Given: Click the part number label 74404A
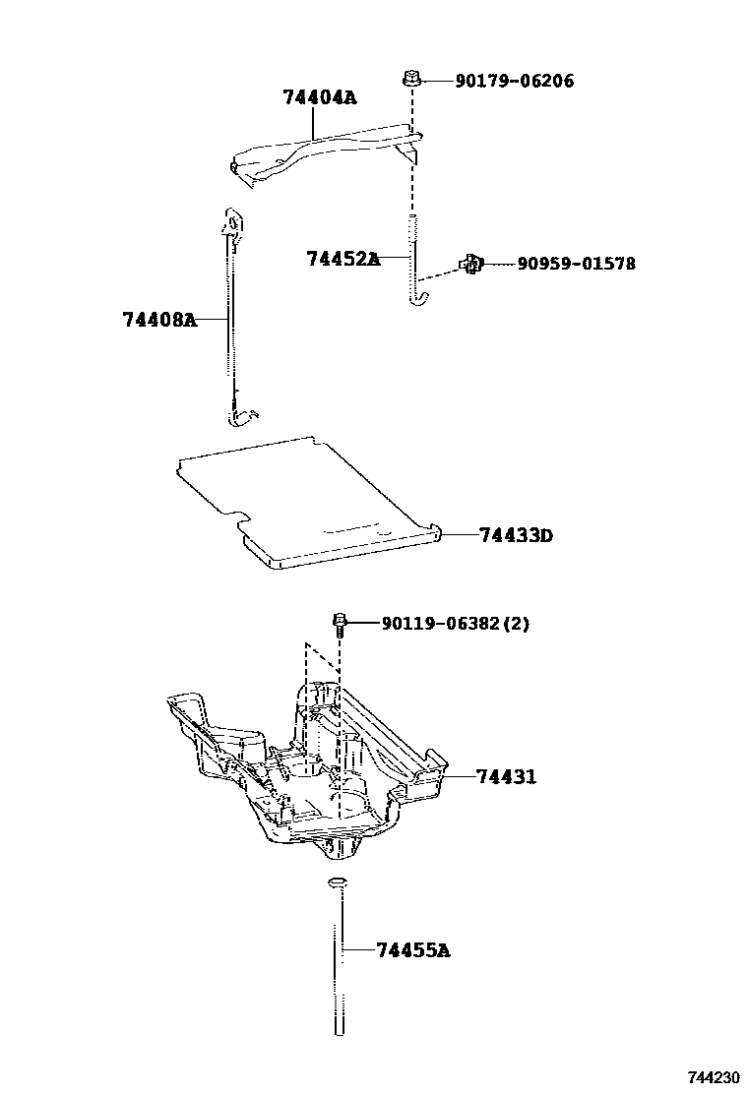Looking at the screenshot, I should [319, 97].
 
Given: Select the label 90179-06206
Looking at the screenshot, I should [514, 81].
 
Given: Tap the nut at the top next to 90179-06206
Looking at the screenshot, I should [411, 80].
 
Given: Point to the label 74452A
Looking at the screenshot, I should [343, 259].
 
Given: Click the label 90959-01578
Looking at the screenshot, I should [576, 264].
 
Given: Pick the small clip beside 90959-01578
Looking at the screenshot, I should [471, 263].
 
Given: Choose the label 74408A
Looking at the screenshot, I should [159, 320].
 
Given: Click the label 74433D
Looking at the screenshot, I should [517, 535].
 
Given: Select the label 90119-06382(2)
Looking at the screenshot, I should [455, 623].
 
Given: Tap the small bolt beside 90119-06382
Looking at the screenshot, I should [340, 622].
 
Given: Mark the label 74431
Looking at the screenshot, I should [507, 776].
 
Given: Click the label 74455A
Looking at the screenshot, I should [412, 950].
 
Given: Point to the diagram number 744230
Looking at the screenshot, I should [715, 1077].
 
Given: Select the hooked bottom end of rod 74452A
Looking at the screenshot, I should [418, 296].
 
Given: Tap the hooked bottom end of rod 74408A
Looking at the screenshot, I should [240, 419].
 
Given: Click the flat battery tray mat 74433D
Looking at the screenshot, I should [305, 502].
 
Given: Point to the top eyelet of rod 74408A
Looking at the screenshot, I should [233, 222].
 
